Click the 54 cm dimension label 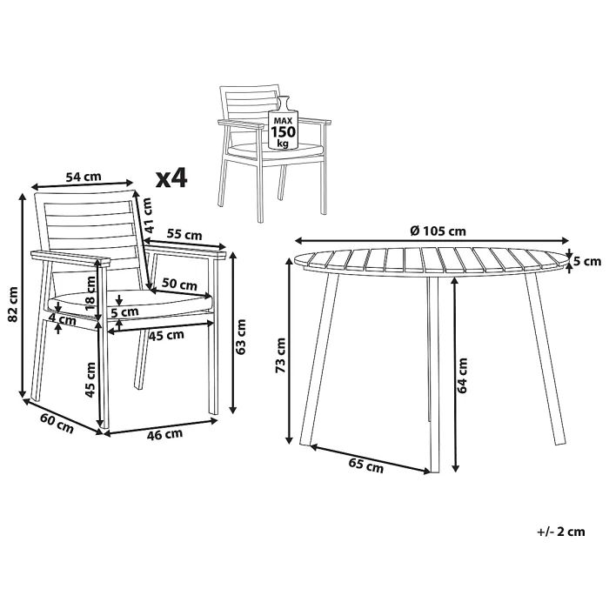pos(84,177)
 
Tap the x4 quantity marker pos(171,177)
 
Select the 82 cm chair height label pos(13,304)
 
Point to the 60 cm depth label pos(57,423)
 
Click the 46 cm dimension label pos(164,434)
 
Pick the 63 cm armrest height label pos(241,337)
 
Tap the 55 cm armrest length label pos(184,235)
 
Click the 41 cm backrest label pos(147,216)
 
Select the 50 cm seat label pos(179,284)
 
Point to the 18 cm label pos(90,293)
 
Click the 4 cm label pos(63,321)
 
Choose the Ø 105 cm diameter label pos(438,231)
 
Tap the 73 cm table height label pos(280,355)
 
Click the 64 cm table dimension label pos(462,375)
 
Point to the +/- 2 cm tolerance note pos(561,532)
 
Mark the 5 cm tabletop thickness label pos(587,261)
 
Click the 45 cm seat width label pos(167,336)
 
